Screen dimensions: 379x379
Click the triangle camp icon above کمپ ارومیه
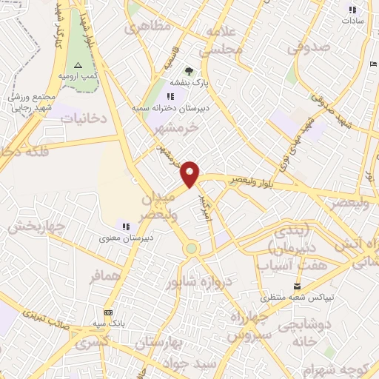point(78,66)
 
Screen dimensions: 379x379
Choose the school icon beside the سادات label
point(352,10)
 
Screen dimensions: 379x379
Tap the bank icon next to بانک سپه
point(109,312)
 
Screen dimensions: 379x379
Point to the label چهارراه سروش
point(252,326)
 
